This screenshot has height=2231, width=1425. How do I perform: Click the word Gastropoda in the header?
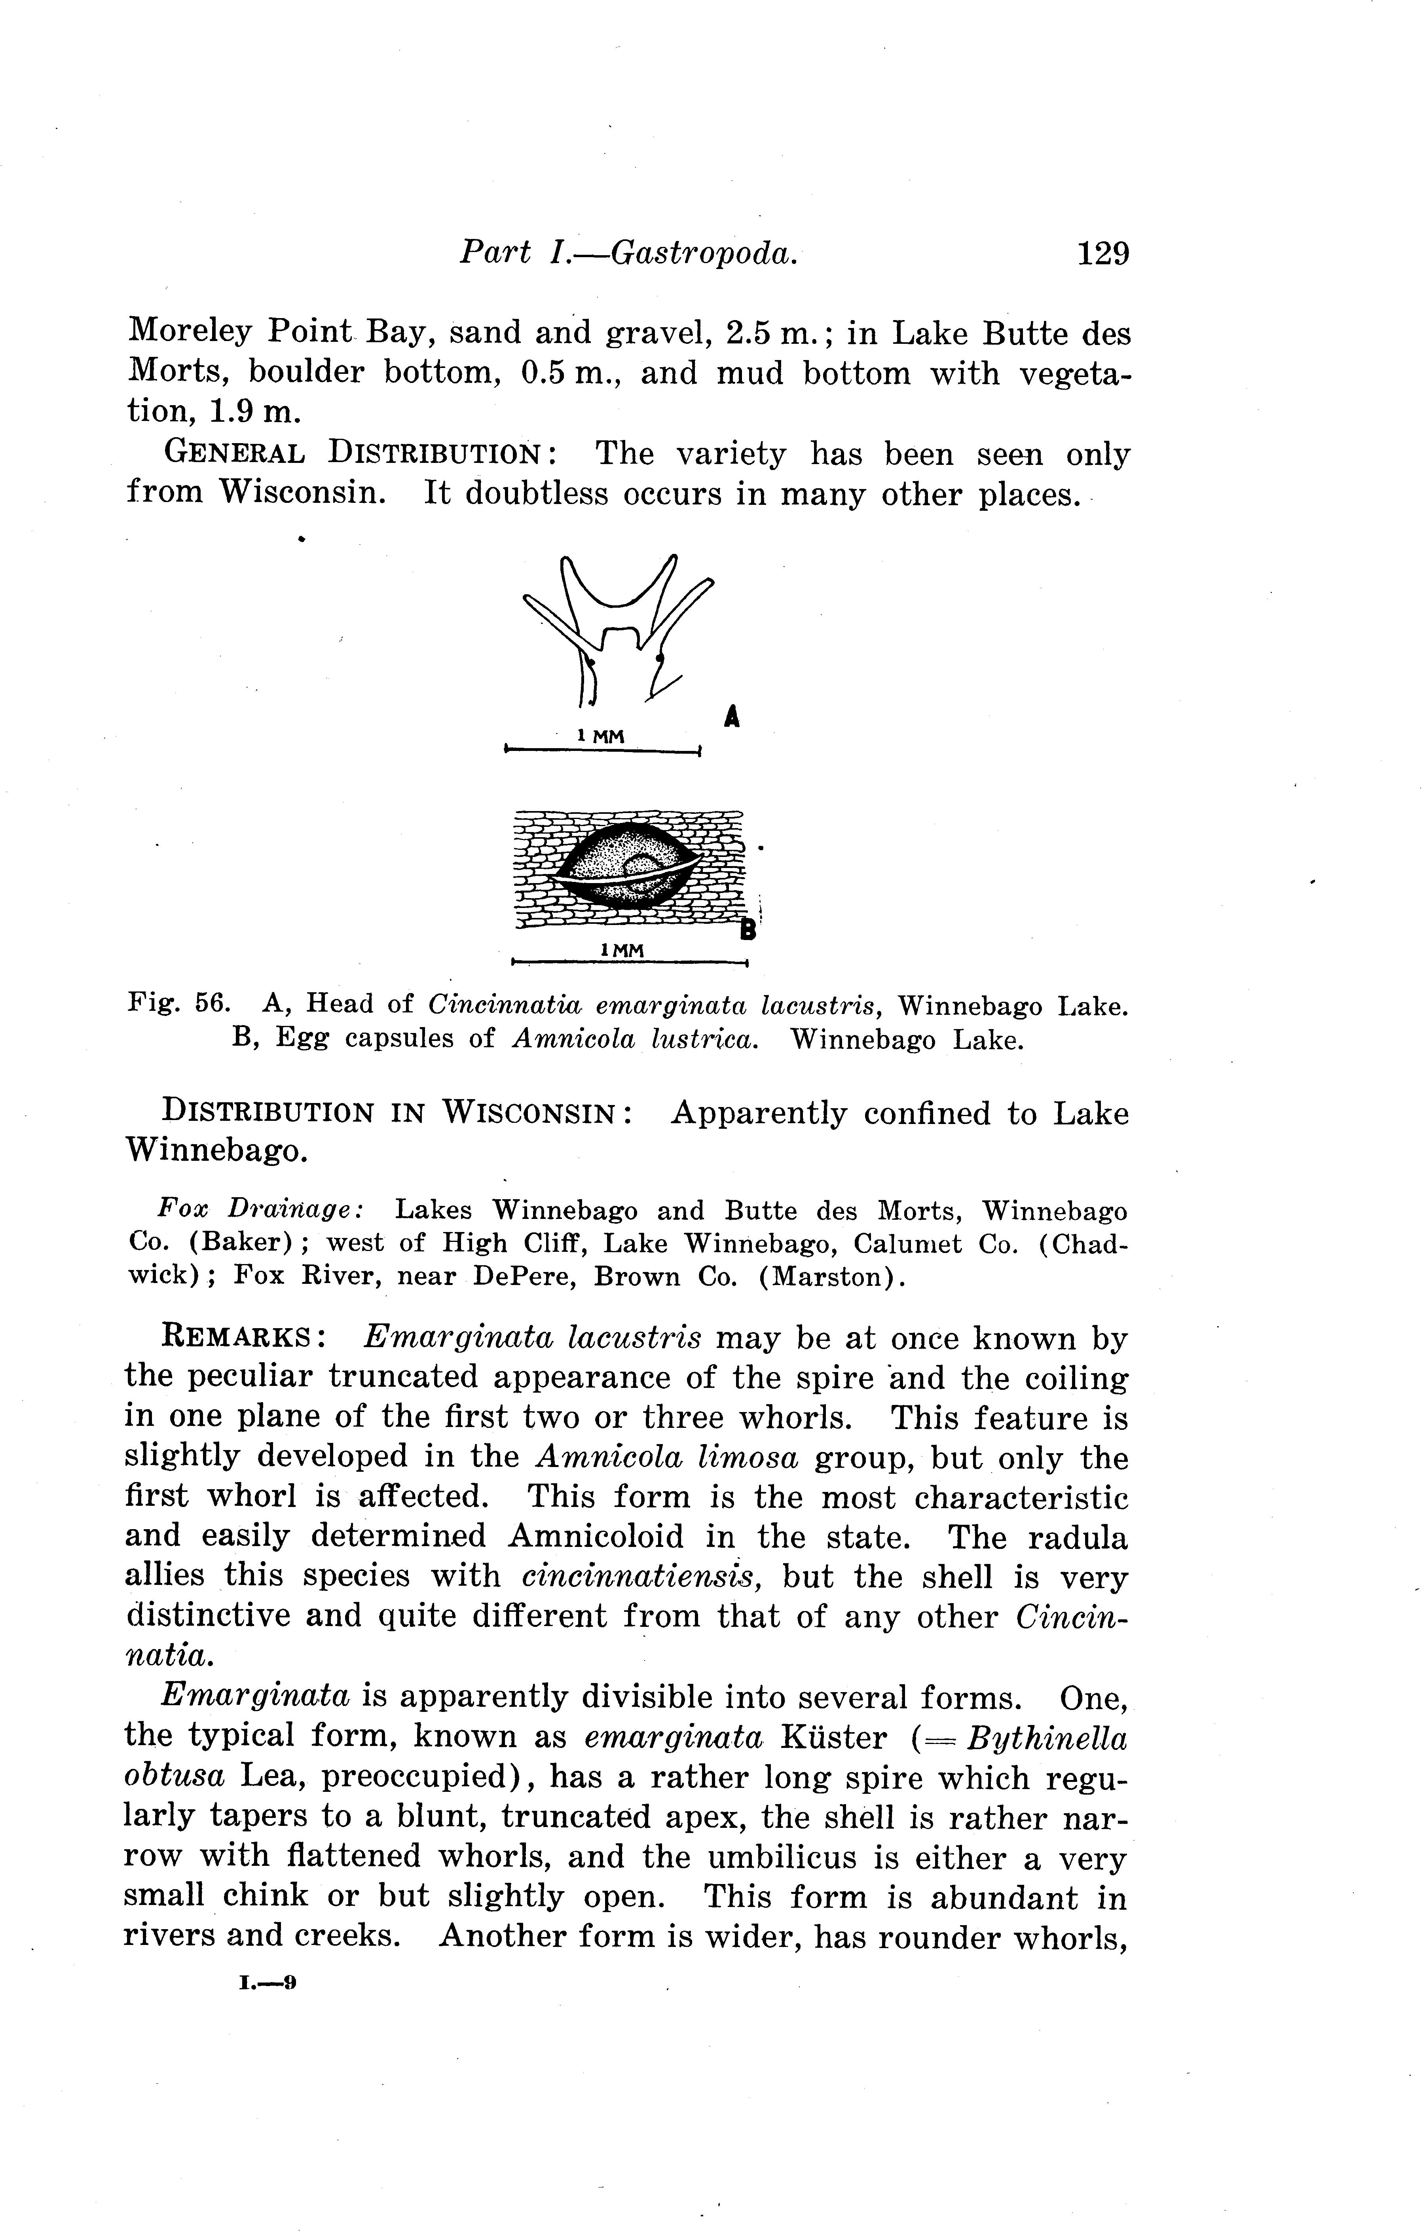point(703,253)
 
